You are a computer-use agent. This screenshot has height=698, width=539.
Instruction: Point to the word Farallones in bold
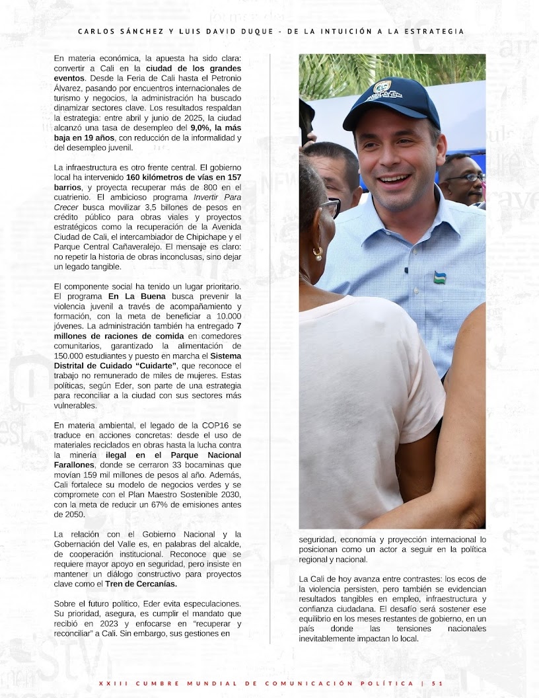coord(75,465)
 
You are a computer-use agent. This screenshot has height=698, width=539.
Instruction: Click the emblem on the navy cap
coord(382,87)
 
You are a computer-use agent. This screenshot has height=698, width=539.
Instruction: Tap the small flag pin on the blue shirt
coord(439,277)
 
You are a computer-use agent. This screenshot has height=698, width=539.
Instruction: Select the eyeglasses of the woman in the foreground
coord(330,207)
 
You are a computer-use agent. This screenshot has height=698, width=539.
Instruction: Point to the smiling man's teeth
coord(394,178)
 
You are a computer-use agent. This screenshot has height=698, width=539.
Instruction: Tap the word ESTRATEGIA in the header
coord(433,31)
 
